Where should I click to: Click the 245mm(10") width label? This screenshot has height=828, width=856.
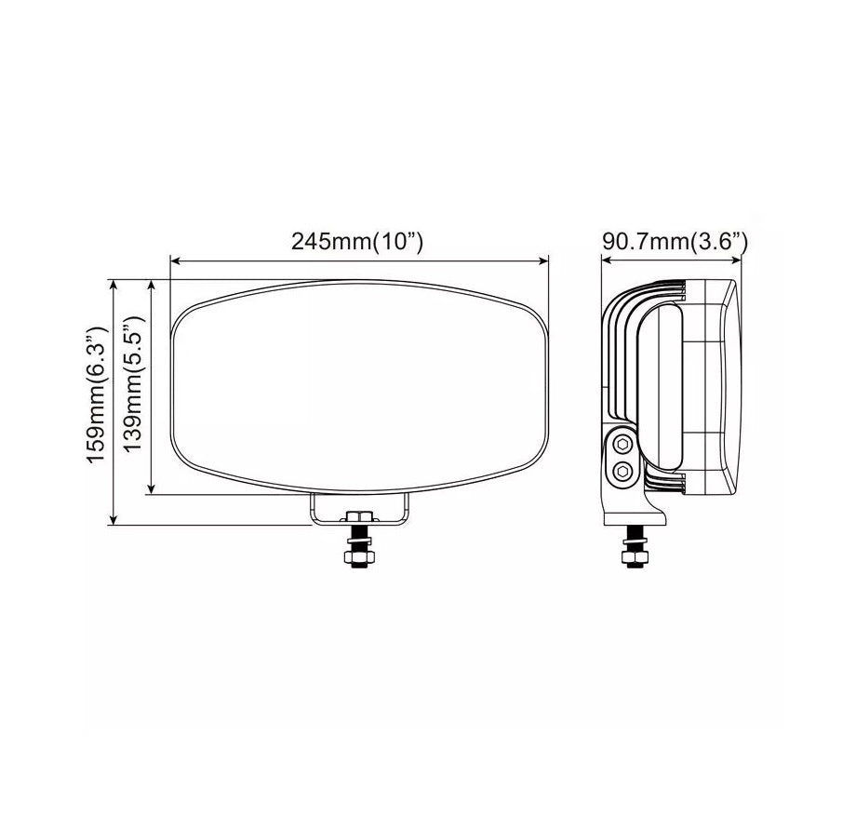[357, 241]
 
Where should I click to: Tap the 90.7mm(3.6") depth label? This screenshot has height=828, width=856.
[675, 241]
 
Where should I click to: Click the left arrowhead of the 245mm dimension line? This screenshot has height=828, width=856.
[175, 261]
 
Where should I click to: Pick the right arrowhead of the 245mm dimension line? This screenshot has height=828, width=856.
[543, 261]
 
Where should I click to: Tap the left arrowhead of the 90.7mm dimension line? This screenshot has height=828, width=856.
[607, 260]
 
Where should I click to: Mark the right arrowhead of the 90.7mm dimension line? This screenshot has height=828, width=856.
[737, 260]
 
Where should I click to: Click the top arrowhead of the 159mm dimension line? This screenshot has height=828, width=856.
[114, 285]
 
